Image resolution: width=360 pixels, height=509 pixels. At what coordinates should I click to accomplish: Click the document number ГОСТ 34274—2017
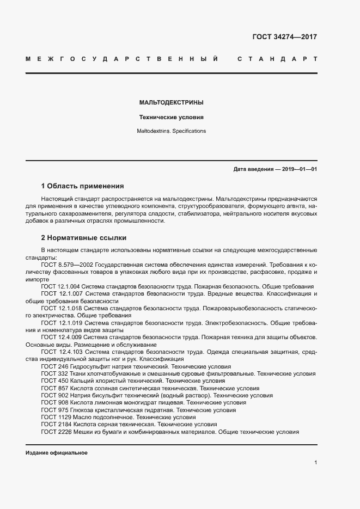tap(285, 38)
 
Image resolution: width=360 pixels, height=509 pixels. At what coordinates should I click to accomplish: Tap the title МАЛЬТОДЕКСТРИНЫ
tap(172, 102)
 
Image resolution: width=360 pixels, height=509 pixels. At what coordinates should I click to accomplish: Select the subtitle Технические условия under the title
tap(172, 117)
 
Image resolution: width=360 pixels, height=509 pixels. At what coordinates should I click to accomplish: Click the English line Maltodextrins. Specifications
tap(172, 131)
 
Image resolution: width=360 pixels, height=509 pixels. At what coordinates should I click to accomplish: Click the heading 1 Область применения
tap(83, 185)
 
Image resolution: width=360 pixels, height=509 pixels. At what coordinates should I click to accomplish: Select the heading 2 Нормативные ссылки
tap(83, 237)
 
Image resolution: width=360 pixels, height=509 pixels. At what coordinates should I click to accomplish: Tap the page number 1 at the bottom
tap(315, 463)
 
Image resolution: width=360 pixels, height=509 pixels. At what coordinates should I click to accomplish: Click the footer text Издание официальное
tap(56, 453)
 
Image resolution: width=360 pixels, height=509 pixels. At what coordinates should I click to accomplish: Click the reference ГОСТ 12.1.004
tap(60, 286)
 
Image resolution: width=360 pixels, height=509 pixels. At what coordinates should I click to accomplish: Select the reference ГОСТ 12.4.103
tap(60, 352)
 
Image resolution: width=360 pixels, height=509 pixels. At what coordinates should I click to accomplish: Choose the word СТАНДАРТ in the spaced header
tap(277, 58)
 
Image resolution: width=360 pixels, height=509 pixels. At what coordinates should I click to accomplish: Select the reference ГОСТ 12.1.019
tap(60, 323)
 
